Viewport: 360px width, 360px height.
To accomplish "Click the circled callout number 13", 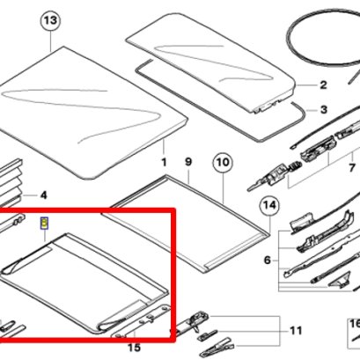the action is pos(50,20).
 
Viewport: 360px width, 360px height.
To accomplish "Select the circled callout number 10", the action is pos(223,162).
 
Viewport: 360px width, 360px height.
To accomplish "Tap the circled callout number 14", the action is pos(269,205).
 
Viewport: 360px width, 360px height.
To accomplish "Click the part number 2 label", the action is pos(323,85).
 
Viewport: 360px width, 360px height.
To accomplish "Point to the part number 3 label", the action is pos(324,110).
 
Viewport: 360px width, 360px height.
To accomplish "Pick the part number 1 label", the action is pos(164,162).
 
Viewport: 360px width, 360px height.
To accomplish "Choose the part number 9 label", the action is pos(188,162).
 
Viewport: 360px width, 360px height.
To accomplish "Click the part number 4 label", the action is pos(43,195).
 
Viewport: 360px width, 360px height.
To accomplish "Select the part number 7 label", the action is pos(352,168).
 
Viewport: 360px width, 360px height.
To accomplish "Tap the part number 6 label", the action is pos(267,260).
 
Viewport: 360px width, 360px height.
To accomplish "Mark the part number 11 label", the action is pos(296,331).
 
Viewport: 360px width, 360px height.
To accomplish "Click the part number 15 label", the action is pos(134,348).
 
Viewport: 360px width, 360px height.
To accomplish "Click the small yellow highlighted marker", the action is pos(44,224).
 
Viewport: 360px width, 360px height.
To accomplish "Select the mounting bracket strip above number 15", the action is pos(141,320).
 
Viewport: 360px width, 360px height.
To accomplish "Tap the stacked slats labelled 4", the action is pos(11,182).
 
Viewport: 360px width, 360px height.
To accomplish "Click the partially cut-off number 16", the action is pos(355,324).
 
